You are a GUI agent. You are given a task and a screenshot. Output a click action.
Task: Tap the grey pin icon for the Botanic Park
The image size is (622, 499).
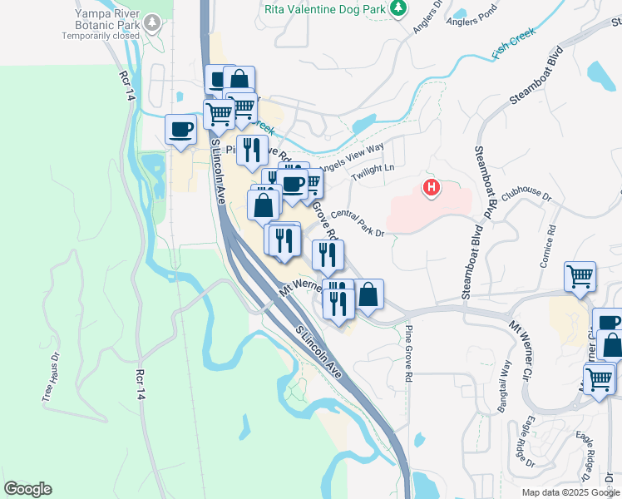pyautogui.click(x=152, y=21)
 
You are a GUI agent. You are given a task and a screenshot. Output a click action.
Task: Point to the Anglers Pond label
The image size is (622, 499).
pyautogui.click(x=471, y=22)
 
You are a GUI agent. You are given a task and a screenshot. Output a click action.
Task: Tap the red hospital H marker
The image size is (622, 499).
pyautogui.click(x=431, y=189)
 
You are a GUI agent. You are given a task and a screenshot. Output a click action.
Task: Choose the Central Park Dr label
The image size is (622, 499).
pyautogui.click(x=357, y=223)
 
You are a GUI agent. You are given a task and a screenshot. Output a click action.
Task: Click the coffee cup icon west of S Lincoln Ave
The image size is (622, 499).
pyautogui.click(x=180, y=130)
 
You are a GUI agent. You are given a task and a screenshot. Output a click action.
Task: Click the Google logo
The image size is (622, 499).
pyautogui.click(x=27, y=489)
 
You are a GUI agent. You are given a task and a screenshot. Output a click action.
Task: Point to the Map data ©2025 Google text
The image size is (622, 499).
pyautogui.click(x=570, y=492)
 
